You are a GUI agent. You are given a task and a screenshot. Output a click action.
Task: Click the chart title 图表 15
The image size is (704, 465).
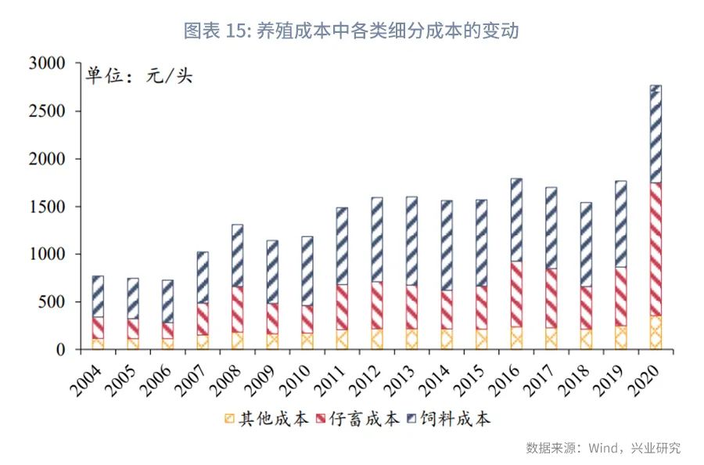tap(351, 31)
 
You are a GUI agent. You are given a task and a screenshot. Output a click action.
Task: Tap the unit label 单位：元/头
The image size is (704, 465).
tap(139, 77)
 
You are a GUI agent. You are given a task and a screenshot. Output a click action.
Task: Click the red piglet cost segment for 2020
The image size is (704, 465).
tap(656, 249)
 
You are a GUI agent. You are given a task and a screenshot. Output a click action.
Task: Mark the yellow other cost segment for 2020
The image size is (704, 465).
tap(656, 333)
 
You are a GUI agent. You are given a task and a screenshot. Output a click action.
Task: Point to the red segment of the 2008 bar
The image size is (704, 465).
tap(237, 309)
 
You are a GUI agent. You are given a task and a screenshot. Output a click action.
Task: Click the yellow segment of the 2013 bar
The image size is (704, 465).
tap(411, 339)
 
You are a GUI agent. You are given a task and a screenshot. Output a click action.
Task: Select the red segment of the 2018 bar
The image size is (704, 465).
tap(586, 308)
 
